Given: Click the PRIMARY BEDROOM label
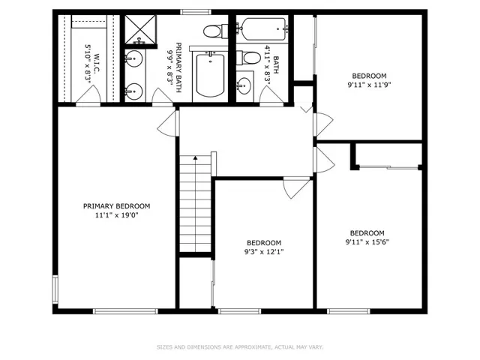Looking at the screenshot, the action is [117, 206].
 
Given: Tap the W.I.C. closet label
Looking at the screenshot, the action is [97, 64].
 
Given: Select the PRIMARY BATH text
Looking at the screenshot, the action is [178, 67].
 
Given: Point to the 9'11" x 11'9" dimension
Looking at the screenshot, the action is [370, 85].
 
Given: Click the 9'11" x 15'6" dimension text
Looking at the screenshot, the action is [367, 241].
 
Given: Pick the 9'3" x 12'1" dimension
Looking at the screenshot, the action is [264, 252].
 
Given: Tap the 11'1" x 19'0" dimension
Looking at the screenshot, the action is [117, 215].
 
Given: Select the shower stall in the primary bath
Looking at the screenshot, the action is [140, 29].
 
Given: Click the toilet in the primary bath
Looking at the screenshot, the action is [215, 31].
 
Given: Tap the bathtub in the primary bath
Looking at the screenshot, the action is [210, 74].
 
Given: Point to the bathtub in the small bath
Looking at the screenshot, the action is [263, 29].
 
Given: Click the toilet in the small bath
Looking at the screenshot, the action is [247, 58].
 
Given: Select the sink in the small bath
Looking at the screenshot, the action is [244, 85].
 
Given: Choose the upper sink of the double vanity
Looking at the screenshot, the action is [133, 58].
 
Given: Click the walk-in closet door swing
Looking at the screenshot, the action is [88, 95].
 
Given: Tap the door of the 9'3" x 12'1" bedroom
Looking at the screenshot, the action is [296, 187].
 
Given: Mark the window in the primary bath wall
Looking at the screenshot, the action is [196, 12].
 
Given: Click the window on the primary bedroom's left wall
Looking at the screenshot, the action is [55, 289].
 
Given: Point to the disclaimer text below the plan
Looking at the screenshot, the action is [240, 347].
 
